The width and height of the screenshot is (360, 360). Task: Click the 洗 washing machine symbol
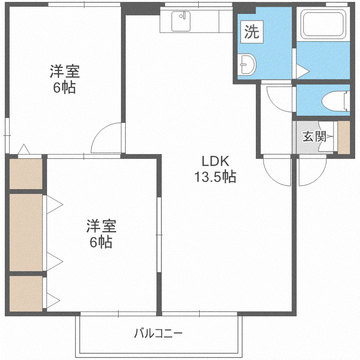[x=252, y=32]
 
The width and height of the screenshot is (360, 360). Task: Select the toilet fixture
[x=336, y=100]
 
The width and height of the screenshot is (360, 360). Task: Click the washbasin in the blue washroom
[x=246, y=64]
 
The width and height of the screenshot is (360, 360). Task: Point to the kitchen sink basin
[x=181, y=21]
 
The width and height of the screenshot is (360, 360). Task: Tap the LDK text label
[x=216, y=161]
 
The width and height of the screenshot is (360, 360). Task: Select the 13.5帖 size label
[x=216, y=177]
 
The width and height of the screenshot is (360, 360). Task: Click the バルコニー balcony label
[x=158, y=333]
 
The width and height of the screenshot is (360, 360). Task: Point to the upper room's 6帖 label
[x=64, y=88]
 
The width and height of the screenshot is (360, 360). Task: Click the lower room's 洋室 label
[x=101, y=226]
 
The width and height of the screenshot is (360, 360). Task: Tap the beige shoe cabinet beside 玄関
[x=344, y=138]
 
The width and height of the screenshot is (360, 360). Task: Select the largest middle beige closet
[x=26, y=232]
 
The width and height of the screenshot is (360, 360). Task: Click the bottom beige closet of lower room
[x=26, y=294]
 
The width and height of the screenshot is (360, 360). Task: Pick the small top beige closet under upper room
[x=26, y=174]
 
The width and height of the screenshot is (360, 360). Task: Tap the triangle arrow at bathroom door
[x=303, y=71]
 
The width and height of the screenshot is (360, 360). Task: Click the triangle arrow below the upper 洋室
[x=24, y=149]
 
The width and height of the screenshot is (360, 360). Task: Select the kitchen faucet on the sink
[x=182, y=16]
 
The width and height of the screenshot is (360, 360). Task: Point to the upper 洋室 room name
[x=65, y=72]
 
